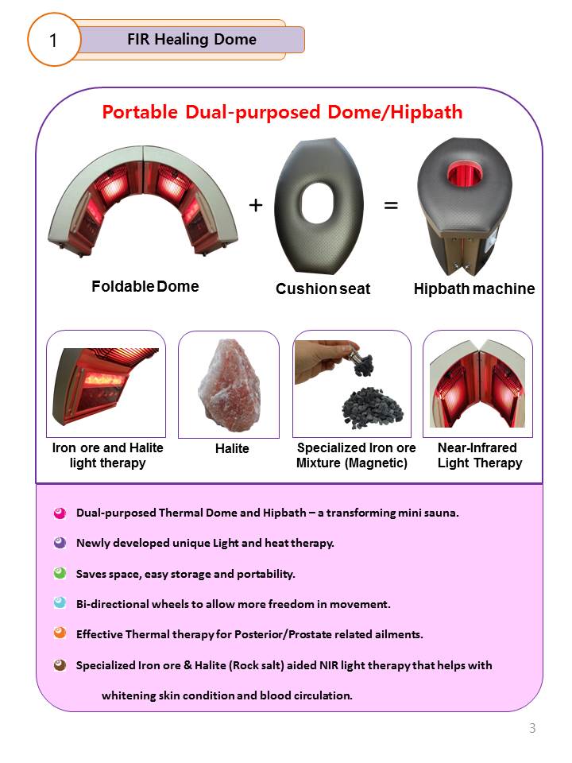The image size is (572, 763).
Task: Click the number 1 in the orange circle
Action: point(53,39)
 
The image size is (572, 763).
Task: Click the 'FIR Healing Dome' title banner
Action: point(191,39)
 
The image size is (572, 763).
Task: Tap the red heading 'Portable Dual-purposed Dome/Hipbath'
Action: point(282,112)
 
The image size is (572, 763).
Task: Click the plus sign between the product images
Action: point(256,205)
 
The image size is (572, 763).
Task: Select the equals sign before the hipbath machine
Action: point(391,205)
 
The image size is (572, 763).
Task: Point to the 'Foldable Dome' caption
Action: point(145,286)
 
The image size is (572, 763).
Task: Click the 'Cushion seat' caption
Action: point(323,289)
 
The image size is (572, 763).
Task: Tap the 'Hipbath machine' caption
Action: point(474,289)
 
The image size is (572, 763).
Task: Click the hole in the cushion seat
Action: point(321,207)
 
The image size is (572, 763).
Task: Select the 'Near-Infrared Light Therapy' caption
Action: point(479,455)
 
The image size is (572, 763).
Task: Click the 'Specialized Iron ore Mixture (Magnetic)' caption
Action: point(355,455)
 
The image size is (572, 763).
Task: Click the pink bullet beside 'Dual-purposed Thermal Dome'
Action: point(59,513)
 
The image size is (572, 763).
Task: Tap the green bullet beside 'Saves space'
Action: point(59,573)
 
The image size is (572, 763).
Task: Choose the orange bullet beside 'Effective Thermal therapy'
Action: point(59,634)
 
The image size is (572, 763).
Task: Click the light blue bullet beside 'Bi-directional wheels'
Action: point(59,604)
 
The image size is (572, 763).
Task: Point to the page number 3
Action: point(532,728)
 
